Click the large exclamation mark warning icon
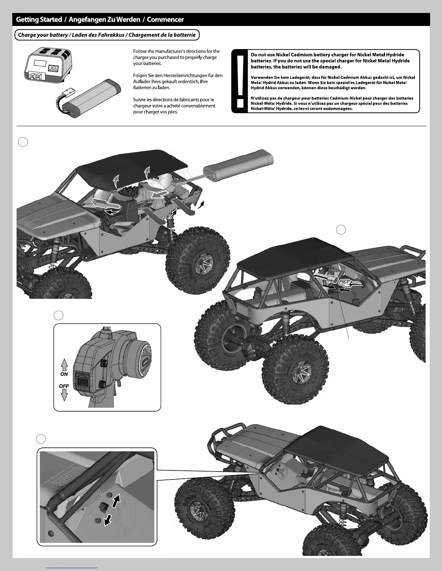coord(239,81)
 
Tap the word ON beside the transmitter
coord(64,374)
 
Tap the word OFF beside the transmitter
coord(64,386)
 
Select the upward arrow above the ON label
coord(64,365)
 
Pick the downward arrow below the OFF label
coord(64,395)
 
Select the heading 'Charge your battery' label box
coord(107,35)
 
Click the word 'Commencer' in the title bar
coord(165,20)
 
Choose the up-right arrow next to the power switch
coord(116,501)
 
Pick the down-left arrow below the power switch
coord(108,520)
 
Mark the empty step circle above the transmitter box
coord(58,315)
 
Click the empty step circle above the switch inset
coord(41,439)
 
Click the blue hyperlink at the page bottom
coord(72,567)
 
